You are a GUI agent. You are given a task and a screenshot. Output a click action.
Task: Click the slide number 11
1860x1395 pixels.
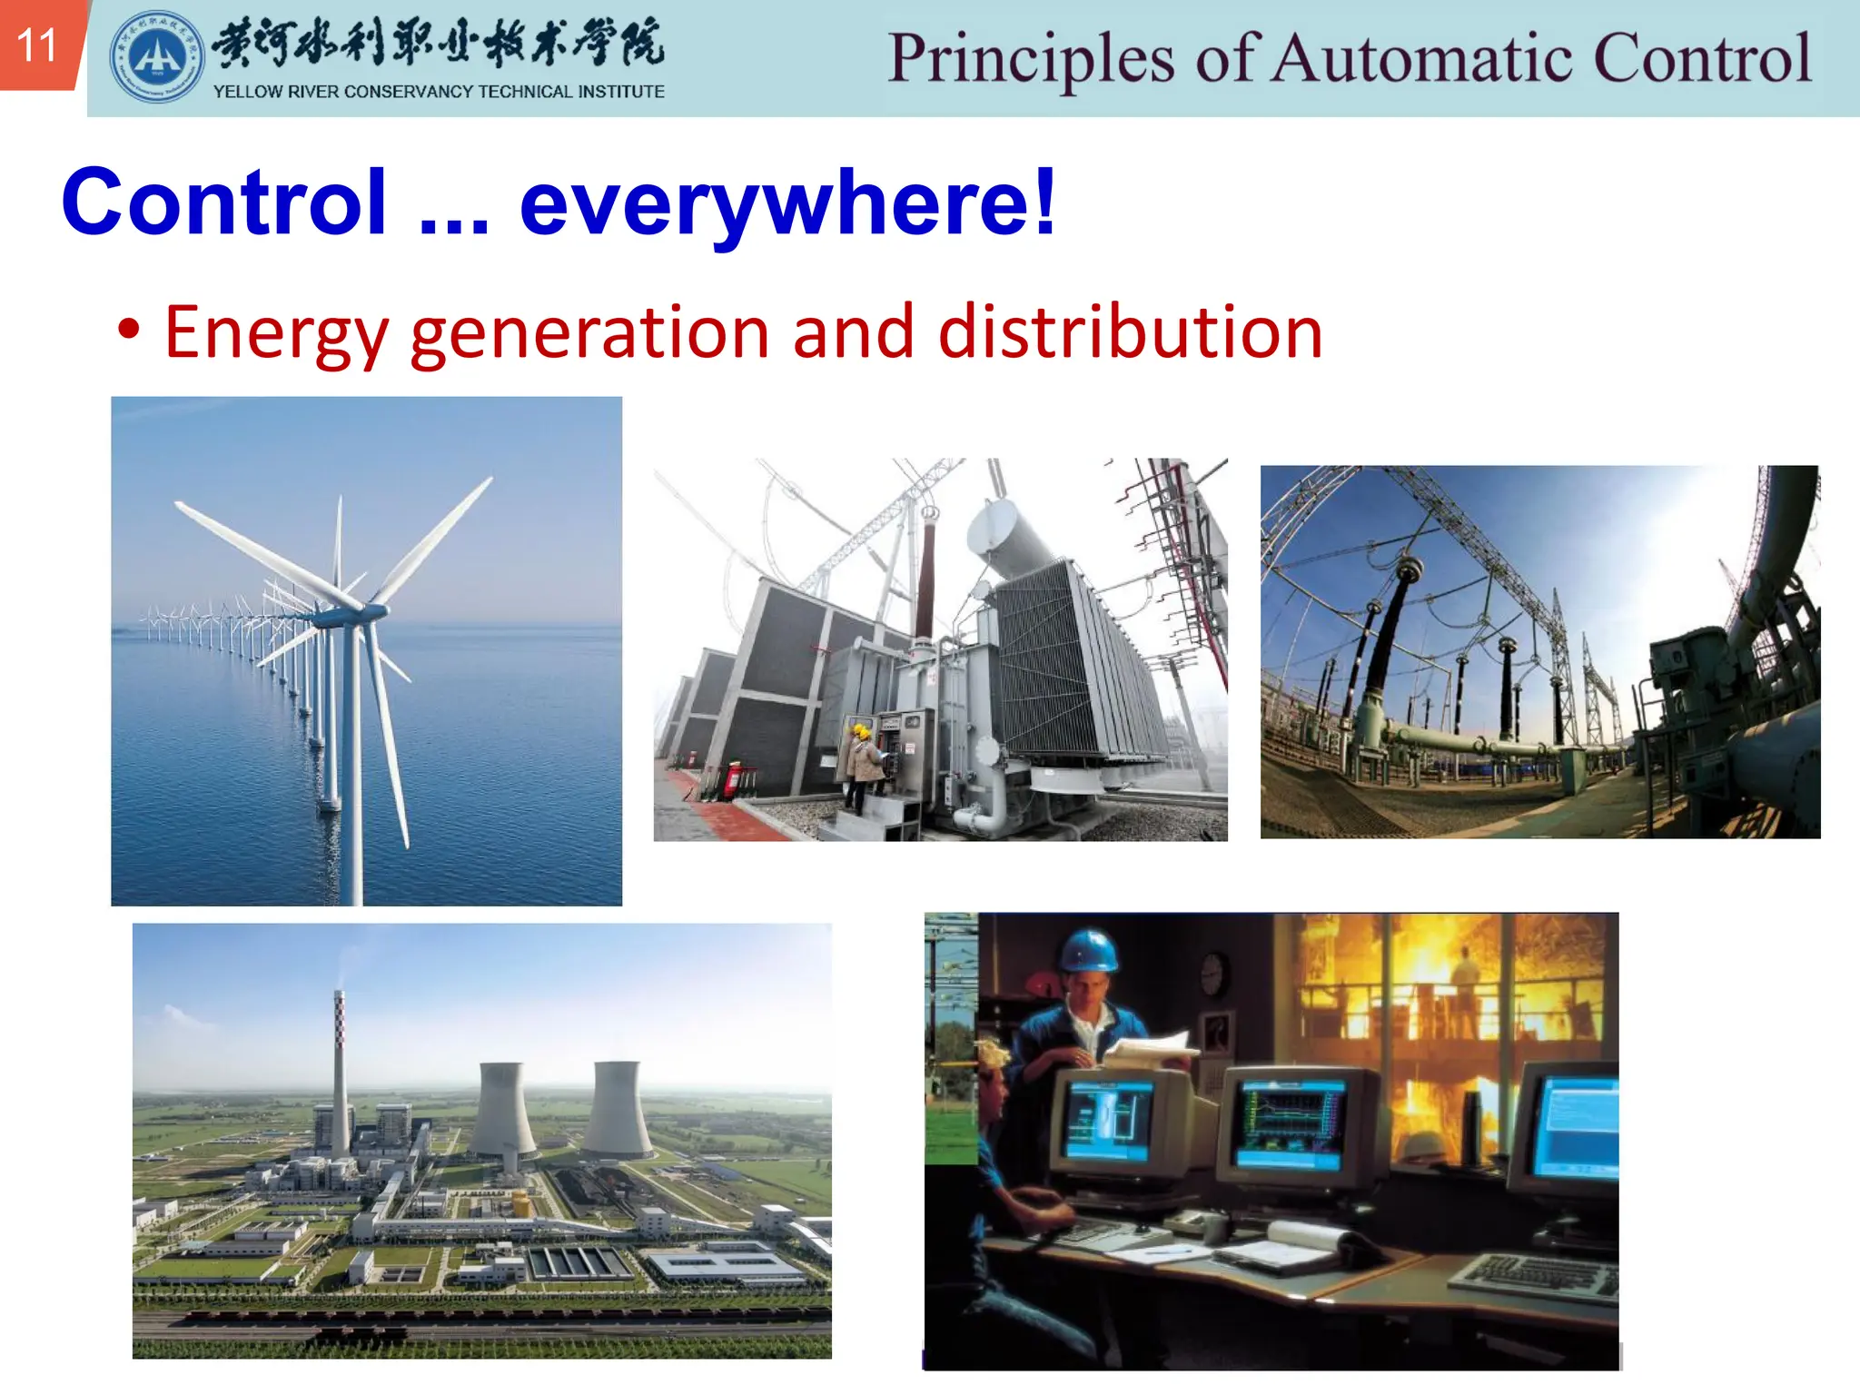[x=36, y=45]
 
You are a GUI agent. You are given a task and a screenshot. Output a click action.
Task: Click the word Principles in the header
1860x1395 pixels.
[x=1031, y=60]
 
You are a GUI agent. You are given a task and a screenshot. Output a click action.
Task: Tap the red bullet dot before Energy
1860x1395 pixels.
[x=129, y=330]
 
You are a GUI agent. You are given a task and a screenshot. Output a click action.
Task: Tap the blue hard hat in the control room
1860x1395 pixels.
[x=1088, y=950]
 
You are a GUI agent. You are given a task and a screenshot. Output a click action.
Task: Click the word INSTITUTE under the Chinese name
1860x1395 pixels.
[x=621, y=92]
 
